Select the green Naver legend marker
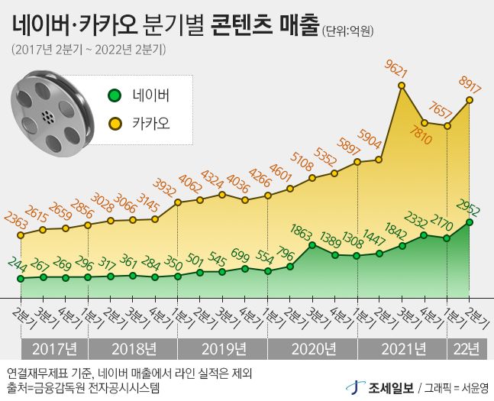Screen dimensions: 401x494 115,96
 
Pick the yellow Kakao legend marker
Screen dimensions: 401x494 115,122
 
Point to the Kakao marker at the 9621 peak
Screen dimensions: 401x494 402,86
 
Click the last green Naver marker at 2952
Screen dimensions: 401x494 469,222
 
